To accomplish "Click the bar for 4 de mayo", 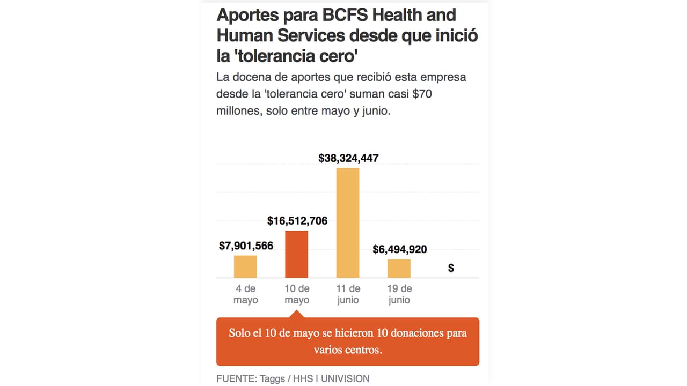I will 245,266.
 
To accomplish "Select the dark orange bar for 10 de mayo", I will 296,254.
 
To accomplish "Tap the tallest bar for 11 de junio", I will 348,222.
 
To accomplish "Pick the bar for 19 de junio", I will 399,268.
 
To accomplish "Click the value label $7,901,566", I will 246,246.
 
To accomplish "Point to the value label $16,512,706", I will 297,221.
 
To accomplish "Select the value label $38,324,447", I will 348,158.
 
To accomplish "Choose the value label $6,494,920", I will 400,249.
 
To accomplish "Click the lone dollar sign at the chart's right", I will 451,268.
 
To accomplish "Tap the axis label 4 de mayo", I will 245,294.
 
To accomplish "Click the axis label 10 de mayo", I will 297,294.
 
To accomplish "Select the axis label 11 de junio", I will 348,294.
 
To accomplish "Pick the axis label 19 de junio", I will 399,294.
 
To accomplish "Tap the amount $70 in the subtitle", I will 423,95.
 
